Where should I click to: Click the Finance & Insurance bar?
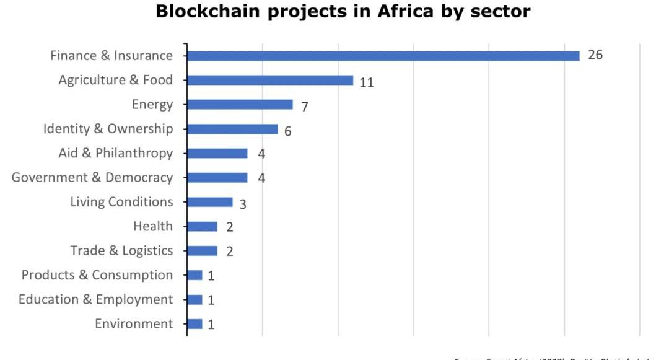[383, 56]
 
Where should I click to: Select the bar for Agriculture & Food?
[270, 81]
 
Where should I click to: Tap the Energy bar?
[240, 105]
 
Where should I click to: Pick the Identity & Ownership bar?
[232, 129]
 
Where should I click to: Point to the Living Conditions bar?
[209, 202]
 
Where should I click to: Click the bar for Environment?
[195, 324]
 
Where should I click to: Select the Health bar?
[202, 227]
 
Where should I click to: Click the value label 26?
[595, 55]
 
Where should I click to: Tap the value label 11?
[367, 82]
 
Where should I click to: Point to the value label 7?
[305, 107]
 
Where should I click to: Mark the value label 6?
[288, 131]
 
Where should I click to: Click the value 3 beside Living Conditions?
[243, 204]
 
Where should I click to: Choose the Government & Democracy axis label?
[92, 178]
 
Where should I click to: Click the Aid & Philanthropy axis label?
[116, 153]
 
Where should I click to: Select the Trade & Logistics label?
[121, 251]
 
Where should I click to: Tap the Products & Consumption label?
[97, 275]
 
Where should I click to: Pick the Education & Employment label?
[96, 300]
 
